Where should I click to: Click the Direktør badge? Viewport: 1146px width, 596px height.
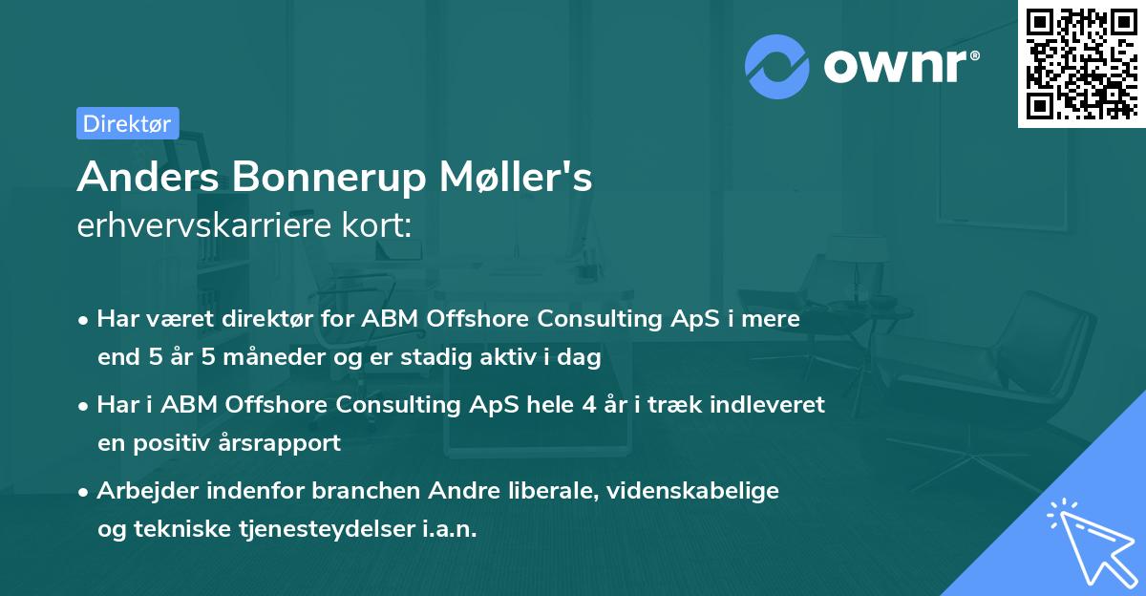(x=127, y=123)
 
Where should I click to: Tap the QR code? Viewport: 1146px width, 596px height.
(x=1081, y=63)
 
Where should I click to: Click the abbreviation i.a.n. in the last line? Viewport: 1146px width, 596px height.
(x=447, y=529)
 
